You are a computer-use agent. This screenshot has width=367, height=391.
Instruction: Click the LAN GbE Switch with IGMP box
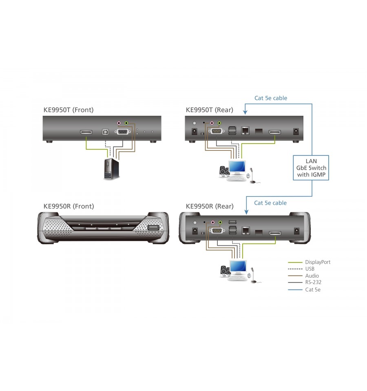311,168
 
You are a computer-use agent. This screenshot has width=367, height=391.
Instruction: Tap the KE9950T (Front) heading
69,110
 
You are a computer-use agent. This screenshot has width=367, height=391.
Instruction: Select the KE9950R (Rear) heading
210,206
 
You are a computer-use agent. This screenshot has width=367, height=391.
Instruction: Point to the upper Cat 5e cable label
271,98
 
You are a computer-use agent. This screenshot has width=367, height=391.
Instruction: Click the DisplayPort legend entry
309,262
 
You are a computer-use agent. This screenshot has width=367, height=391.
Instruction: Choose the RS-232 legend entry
305,282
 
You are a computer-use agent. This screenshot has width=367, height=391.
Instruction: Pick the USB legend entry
301,269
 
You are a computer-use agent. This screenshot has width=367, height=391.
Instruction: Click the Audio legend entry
303,276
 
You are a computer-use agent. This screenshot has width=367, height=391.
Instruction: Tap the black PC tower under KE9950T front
111,169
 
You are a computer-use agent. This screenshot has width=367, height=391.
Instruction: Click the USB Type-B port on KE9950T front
106,132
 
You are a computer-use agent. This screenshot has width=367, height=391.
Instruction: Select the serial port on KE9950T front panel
122,132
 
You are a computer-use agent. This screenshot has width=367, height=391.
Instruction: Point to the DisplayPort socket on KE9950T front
86,132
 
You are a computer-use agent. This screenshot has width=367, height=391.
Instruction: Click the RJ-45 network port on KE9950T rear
245,130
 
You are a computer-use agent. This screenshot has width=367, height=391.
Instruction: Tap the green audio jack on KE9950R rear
220,222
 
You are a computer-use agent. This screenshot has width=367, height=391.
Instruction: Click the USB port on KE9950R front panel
153,228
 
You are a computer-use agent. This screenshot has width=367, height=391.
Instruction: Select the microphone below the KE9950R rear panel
254,276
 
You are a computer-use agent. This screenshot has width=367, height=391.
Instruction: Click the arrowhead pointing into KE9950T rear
245,113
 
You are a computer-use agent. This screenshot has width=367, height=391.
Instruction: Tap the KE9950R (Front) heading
69,206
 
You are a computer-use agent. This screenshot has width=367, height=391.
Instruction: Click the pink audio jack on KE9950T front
119,123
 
